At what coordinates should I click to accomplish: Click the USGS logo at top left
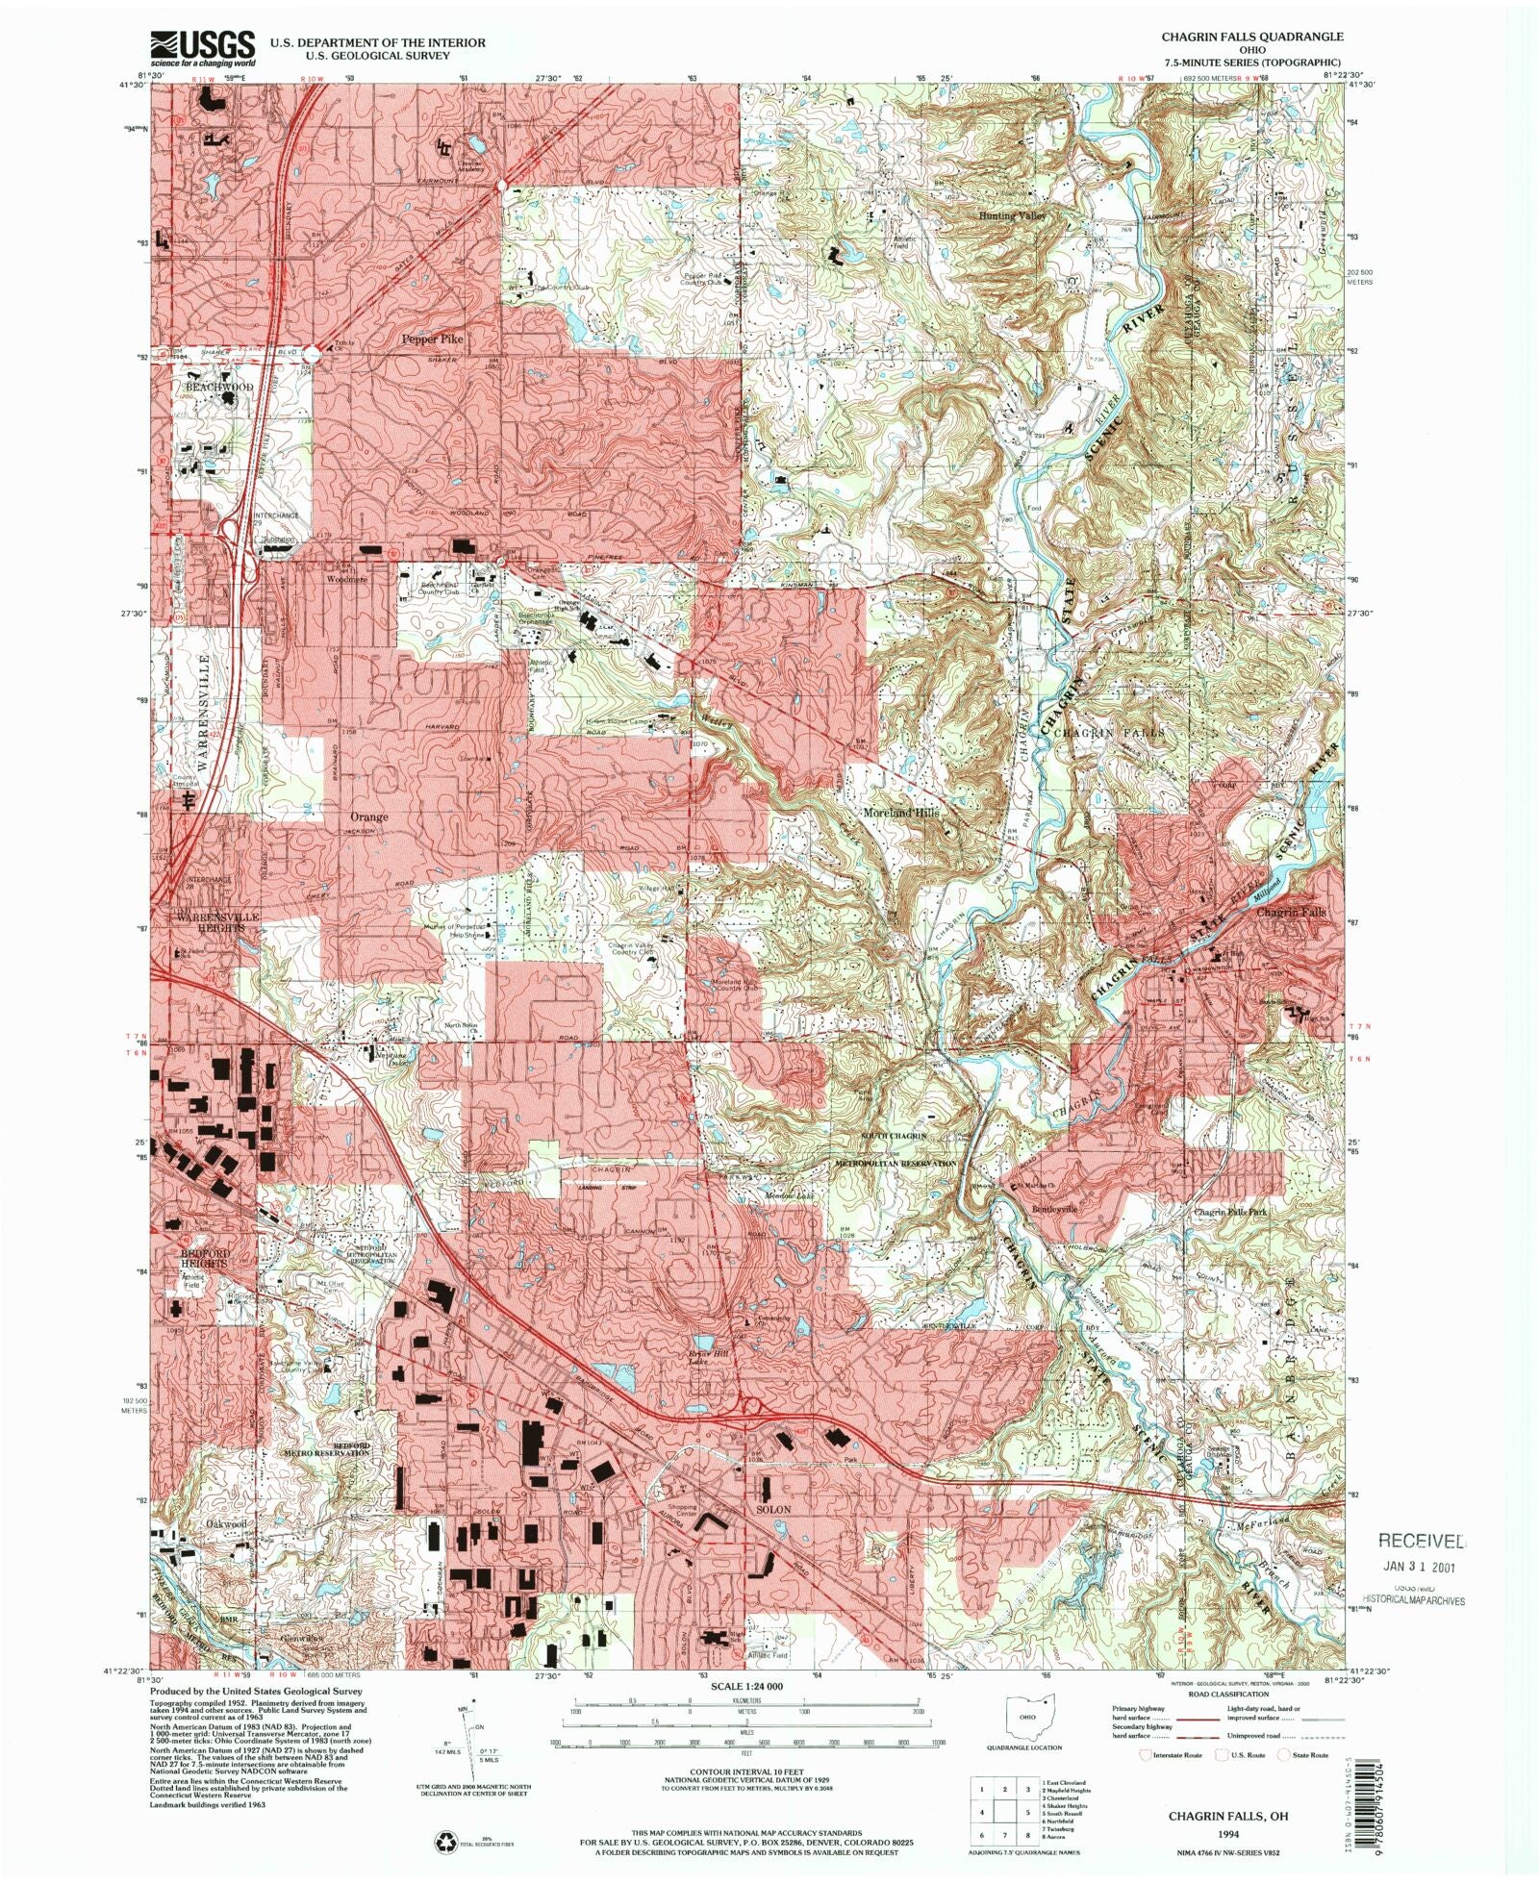click(202, 48)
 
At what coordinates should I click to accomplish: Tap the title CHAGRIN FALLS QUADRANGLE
click(1251, 37)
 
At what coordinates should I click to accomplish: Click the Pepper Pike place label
click(432, 339)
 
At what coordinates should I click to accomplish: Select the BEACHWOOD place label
click(218, 387)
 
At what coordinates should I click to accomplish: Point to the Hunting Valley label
click(1011, 216)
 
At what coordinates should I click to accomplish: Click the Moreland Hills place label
click(900, 813)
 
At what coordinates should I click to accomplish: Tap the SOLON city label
click(772, 1509)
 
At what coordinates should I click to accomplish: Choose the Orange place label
click(368, 816)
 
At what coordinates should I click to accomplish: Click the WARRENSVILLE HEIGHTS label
click(216, 922)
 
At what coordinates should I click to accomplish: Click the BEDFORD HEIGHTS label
click(204, 1258)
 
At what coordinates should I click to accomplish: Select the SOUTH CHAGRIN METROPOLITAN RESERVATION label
click(895, 1149)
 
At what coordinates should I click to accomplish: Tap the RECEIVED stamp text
click(1422, 1541)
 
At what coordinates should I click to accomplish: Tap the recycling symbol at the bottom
click(447, 1842)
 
